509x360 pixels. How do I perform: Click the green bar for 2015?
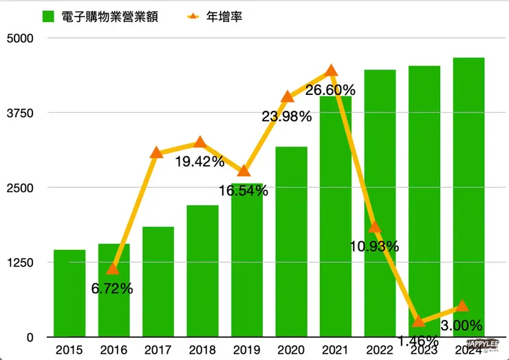(x=69, y=293)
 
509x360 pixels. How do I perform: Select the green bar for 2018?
(x=202, y=271)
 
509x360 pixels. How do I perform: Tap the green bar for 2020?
(x=291, y=241)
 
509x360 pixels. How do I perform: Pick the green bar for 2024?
(x=468, y=197)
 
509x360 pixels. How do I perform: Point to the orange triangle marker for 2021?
(x=331, y=70)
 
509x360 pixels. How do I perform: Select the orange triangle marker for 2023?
(x=418, y=321)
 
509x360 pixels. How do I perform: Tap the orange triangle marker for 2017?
(x=157, y=153)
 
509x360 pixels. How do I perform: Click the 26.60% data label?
(x=331, y=90)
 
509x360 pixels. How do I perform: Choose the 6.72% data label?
(x=112, y=288)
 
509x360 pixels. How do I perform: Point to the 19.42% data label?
(x=199, y=162)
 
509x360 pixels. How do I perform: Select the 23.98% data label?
(x=287, y=116)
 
